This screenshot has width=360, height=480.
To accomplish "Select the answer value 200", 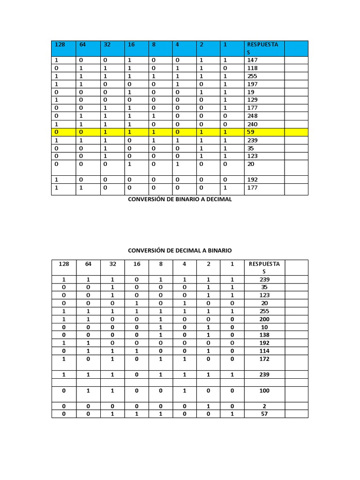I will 264,319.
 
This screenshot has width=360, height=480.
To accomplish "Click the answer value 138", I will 264,335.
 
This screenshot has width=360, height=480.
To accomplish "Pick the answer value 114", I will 264,351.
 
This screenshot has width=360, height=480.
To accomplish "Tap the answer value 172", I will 264,359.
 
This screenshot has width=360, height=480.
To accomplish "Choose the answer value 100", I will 264,390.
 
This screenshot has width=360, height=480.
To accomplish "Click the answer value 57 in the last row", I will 264,414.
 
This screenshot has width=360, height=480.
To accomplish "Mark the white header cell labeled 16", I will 137,264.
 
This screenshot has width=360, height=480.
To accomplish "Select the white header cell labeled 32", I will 112,264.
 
